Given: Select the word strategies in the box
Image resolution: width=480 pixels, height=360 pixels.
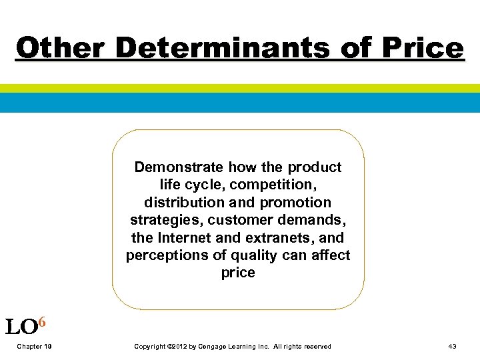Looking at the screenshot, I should (161, 220).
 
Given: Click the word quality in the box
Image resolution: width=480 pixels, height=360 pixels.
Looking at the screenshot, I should (254, 255).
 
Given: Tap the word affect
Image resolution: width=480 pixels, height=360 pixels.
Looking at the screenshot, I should (330, 255).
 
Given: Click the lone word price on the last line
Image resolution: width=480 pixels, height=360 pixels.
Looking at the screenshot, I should (238, 273).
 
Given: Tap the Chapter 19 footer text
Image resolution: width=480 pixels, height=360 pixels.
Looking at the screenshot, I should (35, 347).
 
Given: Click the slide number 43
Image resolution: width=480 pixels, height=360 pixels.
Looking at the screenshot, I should (453, 347).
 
